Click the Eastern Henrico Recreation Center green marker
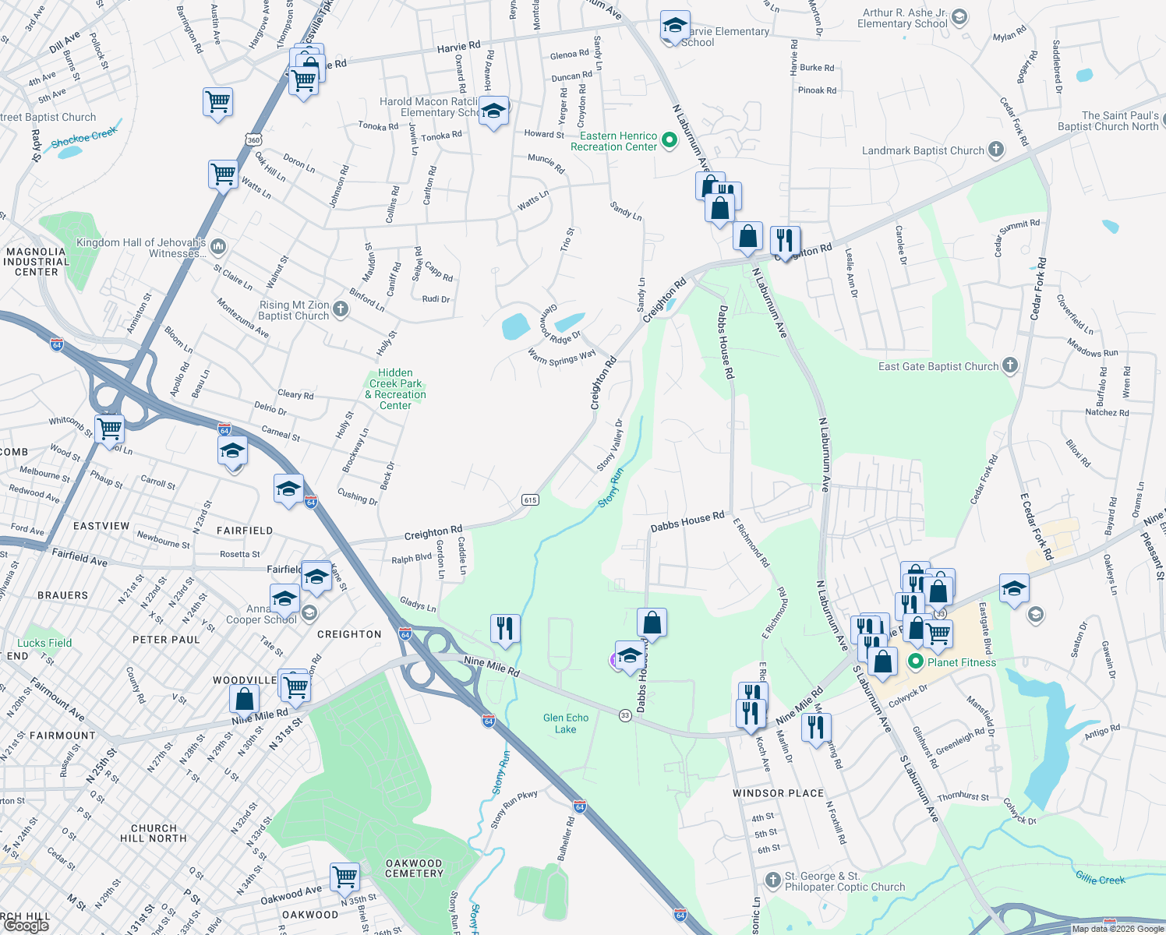[x=669, y=141]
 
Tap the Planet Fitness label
[x=961, y=662]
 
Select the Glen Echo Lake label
[x=566, y=723]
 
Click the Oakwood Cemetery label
[x=414, y=868]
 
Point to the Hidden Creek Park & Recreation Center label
[x=396, y=389]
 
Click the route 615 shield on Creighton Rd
[x=530, y=499]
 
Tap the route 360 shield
[x=253, y=140]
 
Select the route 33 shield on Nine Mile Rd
[x=625, y=715]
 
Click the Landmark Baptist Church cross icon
[x=995, y=150]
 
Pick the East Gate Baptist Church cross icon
[x=1009, y=365]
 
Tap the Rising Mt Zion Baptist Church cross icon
[x=341, y=309]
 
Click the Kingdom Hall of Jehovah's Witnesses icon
[x=218, y=247]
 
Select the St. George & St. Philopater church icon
[x=772, y=880]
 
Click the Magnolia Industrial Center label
[x=36, y=262]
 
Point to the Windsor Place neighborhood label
[x=778, y=793]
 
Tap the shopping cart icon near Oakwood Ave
[x=344, y=876]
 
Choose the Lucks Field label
[x=44, y=643]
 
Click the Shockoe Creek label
[x=83, y=138]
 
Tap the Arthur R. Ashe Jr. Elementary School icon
[x=959, y=16]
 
